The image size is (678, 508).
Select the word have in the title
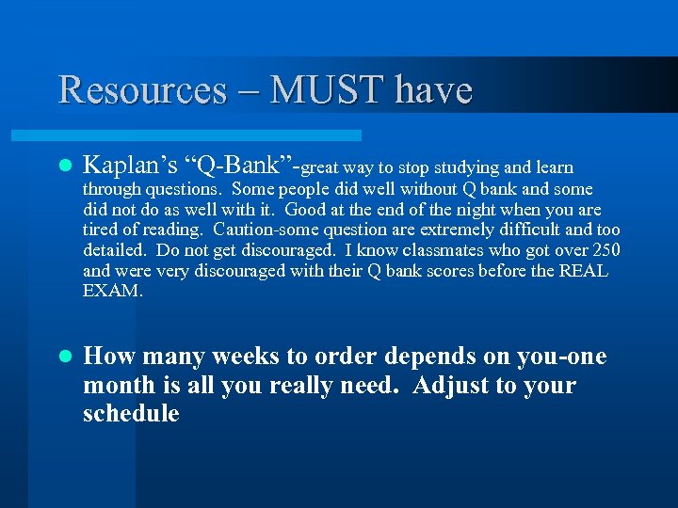coord(432,90)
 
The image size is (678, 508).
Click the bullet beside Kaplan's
coord(64,167)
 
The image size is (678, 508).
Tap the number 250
coord(606,250)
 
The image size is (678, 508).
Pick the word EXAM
coord(112,292)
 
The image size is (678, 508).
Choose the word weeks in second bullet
coord(248,357)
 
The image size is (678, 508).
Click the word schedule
coord(131,414)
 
